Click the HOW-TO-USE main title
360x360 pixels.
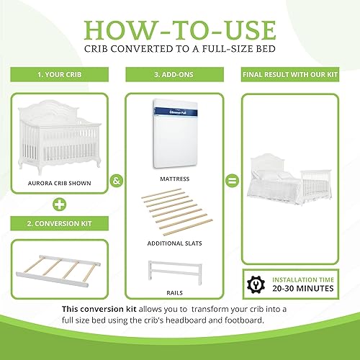(x=179, y=30)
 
